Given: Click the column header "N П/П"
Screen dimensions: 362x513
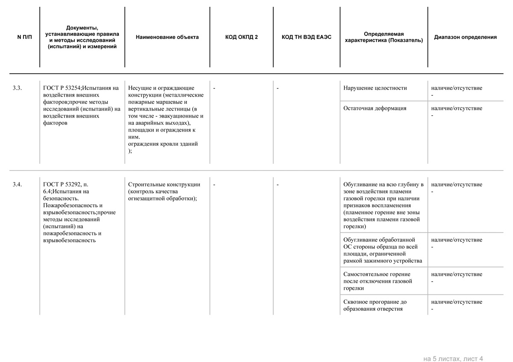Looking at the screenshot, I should (24, 37).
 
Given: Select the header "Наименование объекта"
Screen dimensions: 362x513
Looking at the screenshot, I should (167, 37).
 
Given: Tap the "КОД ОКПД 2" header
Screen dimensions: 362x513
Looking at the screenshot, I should (242, 37).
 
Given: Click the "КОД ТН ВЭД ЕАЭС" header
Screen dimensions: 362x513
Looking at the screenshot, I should (307, 37).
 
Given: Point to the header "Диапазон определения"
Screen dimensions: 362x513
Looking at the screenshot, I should (465, 37).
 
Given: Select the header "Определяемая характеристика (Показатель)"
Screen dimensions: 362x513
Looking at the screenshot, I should (384, 37).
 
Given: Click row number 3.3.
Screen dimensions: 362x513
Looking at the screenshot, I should (17, 88).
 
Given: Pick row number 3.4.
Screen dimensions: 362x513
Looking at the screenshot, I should (17, 185).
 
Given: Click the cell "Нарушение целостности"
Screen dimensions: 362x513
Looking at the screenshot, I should (375, 88).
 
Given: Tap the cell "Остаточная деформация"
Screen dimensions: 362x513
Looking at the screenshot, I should (374, 108).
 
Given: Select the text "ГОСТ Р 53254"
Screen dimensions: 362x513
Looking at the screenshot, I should (62, 88).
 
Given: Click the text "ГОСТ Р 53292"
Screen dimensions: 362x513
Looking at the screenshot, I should (62, 185).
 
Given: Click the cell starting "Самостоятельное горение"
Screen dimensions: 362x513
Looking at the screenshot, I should (377, 281).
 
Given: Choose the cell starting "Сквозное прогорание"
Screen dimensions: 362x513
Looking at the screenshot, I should (375, 305).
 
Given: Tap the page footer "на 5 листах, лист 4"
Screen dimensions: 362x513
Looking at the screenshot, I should (453, 359).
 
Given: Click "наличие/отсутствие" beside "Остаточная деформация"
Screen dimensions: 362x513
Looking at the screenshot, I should (457, 108).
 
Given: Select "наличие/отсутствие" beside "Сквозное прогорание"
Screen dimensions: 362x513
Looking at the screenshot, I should (457, 302).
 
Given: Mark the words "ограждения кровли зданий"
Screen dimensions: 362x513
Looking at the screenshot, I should (163, 144).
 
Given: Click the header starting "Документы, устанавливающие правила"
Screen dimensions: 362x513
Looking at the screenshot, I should (82, 37).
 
